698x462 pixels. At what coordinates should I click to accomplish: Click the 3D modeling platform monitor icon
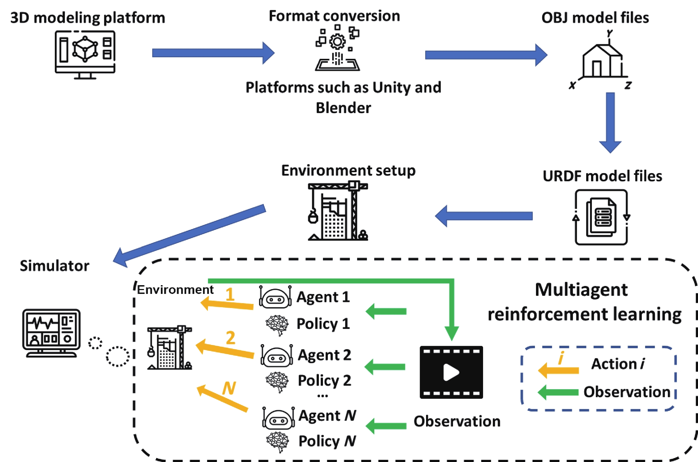tap(85, 55)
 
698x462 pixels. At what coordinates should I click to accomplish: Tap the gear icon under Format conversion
tap(337, 42)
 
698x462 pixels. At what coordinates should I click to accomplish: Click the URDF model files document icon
tap(601, 217)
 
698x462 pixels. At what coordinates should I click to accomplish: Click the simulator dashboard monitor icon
tap(52, 333)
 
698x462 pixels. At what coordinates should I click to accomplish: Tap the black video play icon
tap(451, 372)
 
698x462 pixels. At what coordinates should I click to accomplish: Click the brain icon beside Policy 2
tap(277, 382)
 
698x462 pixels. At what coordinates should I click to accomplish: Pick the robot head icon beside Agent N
tap(278, 419)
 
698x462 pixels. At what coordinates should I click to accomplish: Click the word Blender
tap(343, 108)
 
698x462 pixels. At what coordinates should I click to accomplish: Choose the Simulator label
tap(55, 266)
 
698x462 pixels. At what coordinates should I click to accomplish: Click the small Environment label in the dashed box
tap(175, 290)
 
